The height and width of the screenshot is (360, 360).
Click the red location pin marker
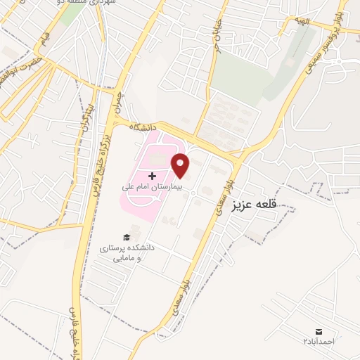(x=181, y=165)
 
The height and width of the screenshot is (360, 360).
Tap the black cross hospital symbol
(x=153, y=174)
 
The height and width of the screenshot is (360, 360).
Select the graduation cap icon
(x=127, y=238)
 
